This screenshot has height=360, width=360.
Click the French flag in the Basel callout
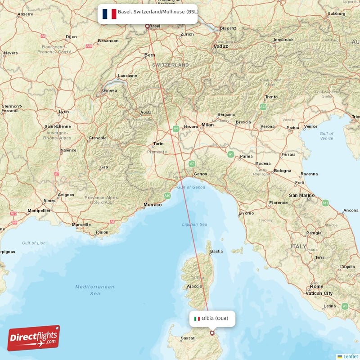coord(109,13)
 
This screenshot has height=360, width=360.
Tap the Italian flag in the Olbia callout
coord(197,319)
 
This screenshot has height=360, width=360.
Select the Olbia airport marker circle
coord(212,333)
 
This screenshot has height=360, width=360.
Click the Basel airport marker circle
coord(147,26)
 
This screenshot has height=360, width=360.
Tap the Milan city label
coord(207,125)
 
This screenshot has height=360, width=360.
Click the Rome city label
coord(316,286)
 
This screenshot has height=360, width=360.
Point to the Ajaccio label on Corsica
coord(194,286)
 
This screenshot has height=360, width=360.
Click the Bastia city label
coord(216,251)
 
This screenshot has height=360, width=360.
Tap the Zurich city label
coord(187,34)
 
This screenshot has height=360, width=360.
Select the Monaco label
coord(152,205)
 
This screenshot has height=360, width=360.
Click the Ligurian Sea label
coord(194,224)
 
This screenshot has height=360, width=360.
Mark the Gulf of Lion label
coord(33,243)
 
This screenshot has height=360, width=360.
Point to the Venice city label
coord(310,126)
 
